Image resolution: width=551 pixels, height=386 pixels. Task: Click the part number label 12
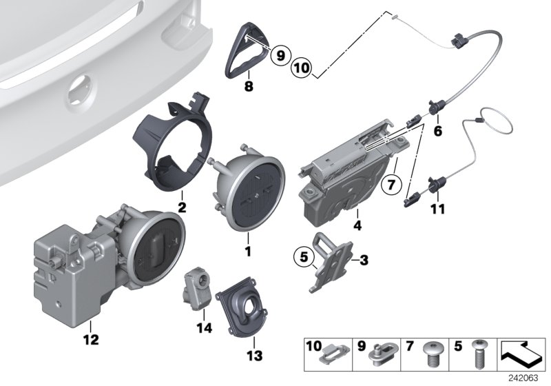point(90,339)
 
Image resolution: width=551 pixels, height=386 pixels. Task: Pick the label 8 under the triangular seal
point(249,87)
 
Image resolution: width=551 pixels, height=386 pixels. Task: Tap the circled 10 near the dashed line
point(301,68)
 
